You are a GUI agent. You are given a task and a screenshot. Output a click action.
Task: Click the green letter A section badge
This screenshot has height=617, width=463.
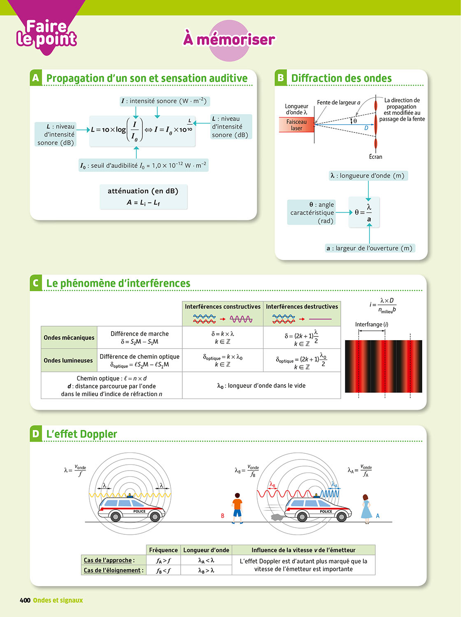point(36,78)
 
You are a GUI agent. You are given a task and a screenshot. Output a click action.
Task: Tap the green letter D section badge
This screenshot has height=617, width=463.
point(36,434)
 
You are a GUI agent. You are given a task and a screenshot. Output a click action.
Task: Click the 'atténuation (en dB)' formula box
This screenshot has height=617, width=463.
point(143,197)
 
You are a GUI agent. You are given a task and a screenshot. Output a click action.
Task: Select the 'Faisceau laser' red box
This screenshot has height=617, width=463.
point(296,125)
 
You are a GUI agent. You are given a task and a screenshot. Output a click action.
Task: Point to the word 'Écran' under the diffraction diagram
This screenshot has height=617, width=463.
point(375,157)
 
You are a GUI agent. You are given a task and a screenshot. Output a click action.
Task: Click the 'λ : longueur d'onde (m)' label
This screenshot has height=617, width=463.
point(368,176)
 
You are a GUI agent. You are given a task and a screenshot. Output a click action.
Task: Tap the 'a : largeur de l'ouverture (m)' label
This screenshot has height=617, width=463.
point(369,248)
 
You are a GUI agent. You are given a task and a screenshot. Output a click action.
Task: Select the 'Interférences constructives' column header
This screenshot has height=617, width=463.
point(223,307)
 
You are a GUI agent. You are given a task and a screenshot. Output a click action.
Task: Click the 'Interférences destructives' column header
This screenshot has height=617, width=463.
point(302,307)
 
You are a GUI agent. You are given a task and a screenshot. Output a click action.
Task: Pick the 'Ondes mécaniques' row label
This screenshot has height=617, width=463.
point(69,338)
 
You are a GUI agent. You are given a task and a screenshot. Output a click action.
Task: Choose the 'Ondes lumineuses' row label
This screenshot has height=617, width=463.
point(68,360)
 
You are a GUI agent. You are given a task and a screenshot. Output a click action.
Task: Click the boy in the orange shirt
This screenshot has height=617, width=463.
point(237,508)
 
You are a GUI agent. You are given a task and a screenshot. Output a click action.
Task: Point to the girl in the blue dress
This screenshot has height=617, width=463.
point(366,509)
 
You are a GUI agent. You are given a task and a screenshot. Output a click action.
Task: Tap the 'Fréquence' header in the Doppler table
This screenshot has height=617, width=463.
point(163,550)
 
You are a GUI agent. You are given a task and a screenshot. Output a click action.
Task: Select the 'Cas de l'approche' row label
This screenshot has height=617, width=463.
point(109,560)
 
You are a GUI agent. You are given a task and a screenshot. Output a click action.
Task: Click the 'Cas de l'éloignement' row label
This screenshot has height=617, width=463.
point(114,570)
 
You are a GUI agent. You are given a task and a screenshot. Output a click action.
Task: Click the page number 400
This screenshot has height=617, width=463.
point(25,600)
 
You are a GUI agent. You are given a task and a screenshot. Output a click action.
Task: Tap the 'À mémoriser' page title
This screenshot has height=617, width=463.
point(229,39)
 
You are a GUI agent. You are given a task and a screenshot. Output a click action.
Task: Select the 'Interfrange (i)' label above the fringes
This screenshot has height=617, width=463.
point(371,325)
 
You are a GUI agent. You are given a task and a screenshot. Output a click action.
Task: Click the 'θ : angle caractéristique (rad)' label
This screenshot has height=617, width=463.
point(312,213)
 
